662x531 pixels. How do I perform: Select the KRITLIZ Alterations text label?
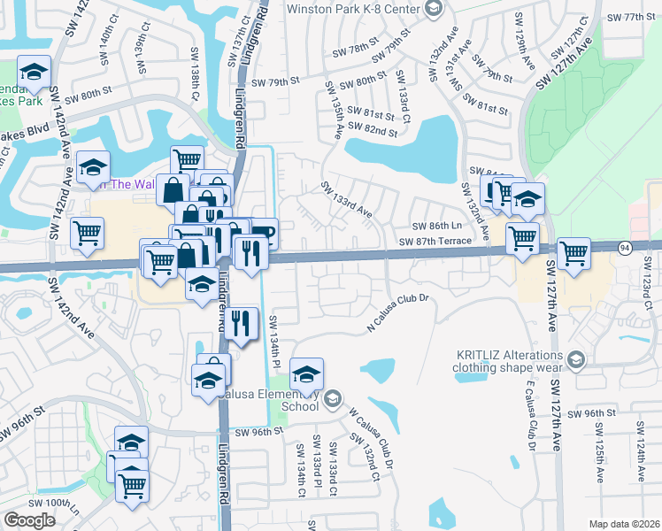click(510, 358)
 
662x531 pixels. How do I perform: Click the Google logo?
click(29, 520)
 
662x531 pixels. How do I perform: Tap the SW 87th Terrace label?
click(435, 242)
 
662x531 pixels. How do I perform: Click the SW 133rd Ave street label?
click(346, 200)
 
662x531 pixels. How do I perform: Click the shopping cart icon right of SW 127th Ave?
click(574, 252)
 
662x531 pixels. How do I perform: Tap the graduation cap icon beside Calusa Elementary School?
click(307, 373)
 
